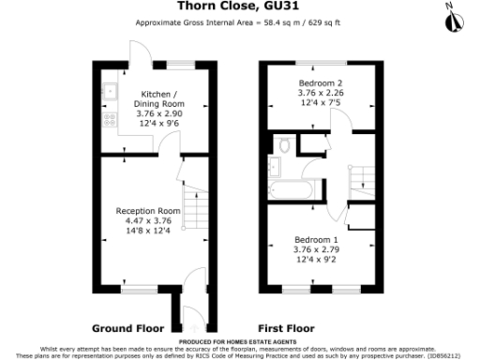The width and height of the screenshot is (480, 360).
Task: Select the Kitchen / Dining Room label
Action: point(157,98)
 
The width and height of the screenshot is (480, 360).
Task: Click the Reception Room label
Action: point(148,211)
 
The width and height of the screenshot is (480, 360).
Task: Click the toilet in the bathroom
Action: point(283,145)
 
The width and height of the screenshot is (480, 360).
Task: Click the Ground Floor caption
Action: point(127,328)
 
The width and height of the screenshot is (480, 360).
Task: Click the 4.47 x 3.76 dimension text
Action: point(148,220)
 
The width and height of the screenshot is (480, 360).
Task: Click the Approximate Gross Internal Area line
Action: point(239,22)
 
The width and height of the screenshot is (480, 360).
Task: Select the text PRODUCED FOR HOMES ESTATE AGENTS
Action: point(239,342)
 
